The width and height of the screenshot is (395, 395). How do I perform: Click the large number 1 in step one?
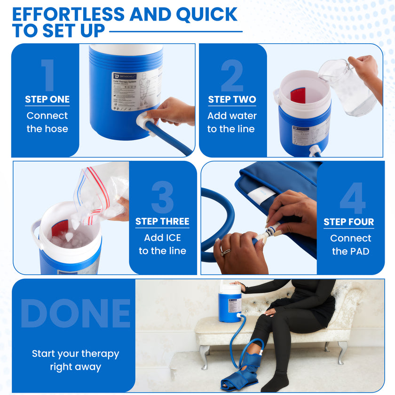click(x=47, y=75)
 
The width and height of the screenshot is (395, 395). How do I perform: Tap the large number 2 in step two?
click(x=232, y=75)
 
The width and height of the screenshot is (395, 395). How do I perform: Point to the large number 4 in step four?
click(x=352, y=198)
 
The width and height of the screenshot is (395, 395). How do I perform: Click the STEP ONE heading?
click(x=47, y=99)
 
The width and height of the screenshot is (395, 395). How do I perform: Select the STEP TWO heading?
click(x=232, y=99)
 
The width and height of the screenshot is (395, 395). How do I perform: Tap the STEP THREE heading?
click(x=162, y=221)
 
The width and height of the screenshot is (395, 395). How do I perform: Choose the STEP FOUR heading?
click(x=348, y=222)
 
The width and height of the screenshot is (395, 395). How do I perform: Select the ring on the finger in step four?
click(x=226, y=252)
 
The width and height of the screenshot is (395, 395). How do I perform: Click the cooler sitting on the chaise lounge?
click(x=230, y=303)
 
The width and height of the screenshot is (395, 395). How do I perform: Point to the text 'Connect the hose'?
click(x=47, y=122)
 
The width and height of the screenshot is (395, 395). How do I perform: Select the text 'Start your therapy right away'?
click(x=75, y=360)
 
